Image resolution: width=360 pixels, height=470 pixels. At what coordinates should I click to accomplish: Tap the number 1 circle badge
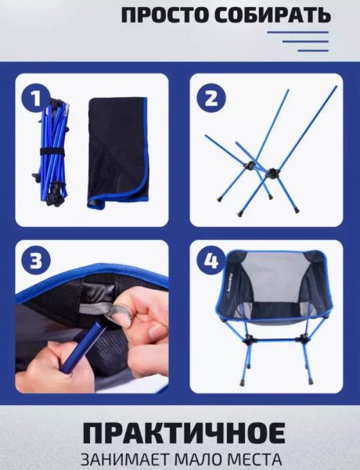[x=36, y=99]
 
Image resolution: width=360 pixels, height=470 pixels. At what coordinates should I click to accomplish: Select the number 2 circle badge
[x=211, y=99]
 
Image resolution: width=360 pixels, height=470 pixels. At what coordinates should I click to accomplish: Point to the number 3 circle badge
[x=36, y=261]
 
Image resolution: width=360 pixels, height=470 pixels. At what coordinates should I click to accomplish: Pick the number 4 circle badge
[x=211, y=261]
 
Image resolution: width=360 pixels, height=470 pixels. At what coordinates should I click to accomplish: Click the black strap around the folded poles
[x=52, y=151]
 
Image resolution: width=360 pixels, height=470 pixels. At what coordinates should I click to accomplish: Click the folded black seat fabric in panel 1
[x=118, y=152]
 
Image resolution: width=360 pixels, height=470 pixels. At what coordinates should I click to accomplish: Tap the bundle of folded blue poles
[x=53, y=153]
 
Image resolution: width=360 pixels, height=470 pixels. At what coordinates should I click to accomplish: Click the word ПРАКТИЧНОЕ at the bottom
[x=184, y=433]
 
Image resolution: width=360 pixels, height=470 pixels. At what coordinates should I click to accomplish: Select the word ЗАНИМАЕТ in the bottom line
[x=124, y=460]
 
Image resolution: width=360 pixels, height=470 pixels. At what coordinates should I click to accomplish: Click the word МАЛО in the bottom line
[x=197, y=460]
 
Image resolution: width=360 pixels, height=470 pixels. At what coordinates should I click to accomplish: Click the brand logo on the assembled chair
[x=230, y=287]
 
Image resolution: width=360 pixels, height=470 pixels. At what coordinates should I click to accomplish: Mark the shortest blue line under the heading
[x=313, y=51]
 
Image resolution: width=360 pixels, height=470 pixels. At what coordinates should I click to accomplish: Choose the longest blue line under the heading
[x=297, y=32]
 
